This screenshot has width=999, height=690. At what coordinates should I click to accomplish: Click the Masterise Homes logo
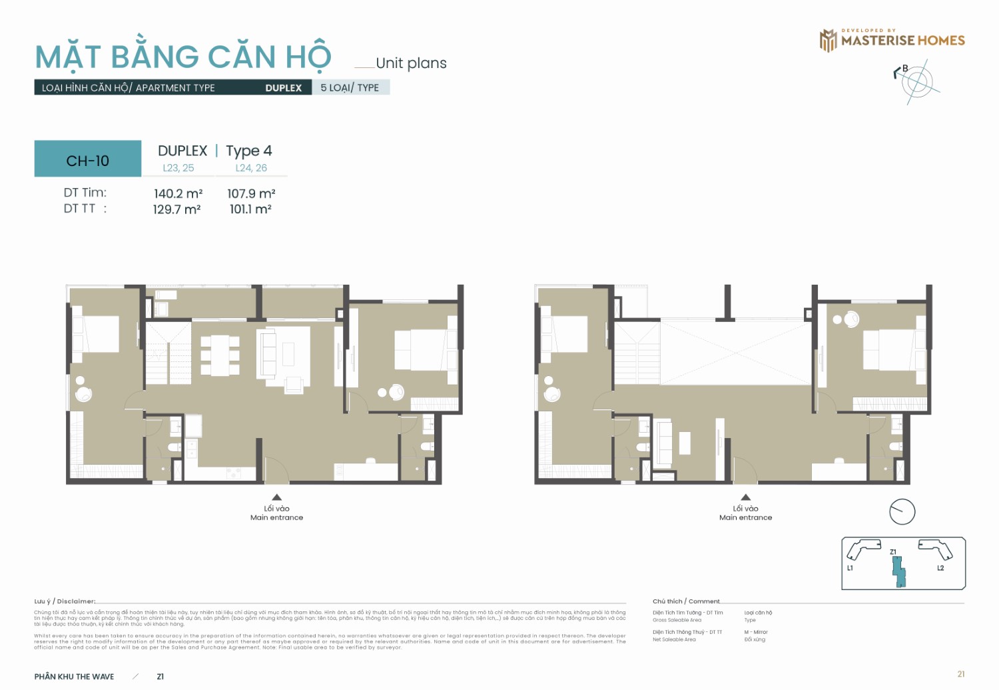(x=892, y=40)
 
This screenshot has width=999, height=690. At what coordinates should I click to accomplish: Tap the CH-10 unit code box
(x=88, y=160)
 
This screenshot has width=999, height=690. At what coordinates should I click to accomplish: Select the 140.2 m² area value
(x=178, y=193)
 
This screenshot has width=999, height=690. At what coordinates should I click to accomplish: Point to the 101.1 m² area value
(x=250, y=209)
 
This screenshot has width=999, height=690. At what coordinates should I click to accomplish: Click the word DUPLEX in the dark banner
(x=283, y=88)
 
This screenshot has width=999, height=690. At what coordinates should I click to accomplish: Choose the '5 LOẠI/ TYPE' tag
(x=350, y=88)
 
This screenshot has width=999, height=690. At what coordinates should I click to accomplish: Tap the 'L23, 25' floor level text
(x=178, y=168)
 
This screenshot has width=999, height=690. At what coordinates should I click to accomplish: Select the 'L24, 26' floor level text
(x=251, y=168)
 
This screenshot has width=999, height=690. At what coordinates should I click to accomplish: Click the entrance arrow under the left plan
(x=276, y=497)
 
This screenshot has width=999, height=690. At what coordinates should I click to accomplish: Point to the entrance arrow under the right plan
(x=745, y=497)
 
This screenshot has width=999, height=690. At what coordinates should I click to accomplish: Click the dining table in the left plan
(x=220, y=355)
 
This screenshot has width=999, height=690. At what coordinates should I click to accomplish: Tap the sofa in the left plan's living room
(x=268, y=353)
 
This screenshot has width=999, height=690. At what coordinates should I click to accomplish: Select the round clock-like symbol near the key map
(x=902, y=511)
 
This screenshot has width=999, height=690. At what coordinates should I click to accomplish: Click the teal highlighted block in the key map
(x=899, y=572)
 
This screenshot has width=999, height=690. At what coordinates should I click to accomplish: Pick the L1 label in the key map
(x=850, y=568)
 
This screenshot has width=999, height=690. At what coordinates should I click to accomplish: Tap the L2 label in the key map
(x=940, y=568)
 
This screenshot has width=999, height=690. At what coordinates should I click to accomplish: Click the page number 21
(x=960, y=674)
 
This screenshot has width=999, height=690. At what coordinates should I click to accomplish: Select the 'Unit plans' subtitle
(x=411, y=63)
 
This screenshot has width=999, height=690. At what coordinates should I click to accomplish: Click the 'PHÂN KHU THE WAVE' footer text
(x=74, y=676)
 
